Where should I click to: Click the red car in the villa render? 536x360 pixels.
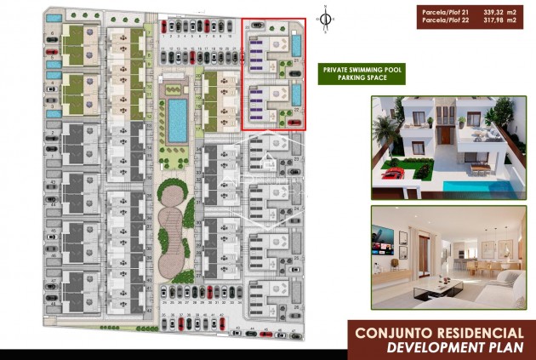coord(392,173)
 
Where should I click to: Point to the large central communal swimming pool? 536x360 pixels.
coord(177,120)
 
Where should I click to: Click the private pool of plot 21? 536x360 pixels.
coord(294,43)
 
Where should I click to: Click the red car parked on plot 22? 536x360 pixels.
coord(294,122)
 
